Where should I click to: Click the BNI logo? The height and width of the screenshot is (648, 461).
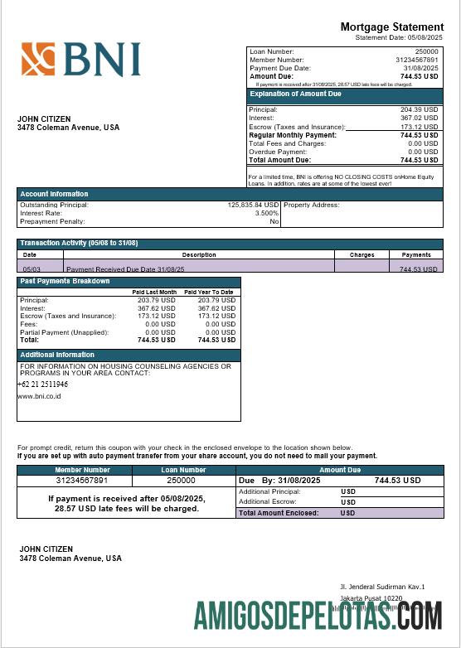(x=80, y=60)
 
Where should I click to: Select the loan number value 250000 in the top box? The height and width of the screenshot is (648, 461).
(x=426, y=51)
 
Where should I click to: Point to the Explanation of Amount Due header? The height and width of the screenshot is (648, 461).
(x=296, y=94)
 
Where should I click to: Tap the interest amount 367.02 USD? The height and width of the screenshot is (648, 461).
(x=419, y=118)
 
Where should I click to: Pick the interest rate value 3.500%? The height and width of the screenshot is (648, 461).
(x=265, y=213)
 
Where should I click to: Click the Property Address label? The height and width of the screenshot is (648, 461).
(x=312, y=205)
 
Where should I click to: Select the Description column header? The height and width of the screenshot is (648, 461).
(x=198, y=254)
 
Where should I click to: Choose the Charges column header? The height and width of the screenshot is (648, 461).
(x=362, y=254)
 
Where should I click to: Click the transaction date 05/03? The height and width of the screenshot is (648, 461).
(x=32, y=269)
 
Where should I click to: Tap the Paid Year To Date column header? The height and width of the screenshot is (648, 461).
(x=208, y=292)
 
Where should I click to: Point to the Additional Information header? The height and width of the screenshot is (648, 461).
(x=56, y=355)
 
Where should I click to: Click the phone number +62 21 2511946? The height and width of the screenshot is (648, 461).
(x=42, y=384)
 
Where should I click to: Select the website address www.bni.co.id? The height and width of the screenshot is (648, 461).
(x=39, y=396)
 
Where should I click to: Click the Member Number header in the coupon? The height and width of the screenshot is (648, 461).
(x=82, y=470)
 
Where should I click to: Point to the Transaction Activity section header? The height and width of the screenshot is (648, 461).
(x=78, y=242)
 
